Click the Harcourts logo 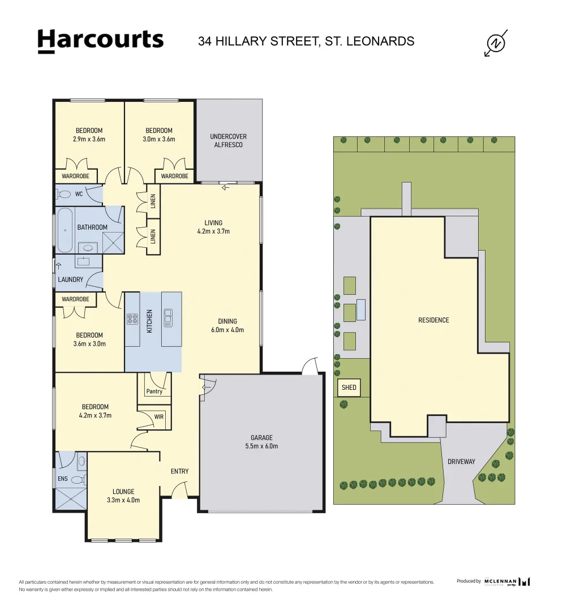coord(100,41)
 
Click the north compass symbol coord(496,44)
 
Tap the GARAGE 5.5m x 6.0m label coord(261,442)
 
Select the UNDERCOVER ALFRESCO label coord(228,140)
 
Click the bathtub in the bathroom coord(65,230)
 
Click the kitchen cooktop coord(133,319)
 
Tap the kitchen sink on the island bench coord(168,317)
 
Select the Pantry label coord(154,391)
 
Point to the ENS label coord(62,479)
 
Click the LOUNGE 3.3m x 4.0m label coord(123,496)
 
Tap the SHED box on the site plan coord(349,388)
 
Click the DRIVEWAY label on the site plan coord(461,462)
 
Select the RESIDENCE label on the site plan coord(433,320)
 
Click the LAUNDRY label coord(70,279)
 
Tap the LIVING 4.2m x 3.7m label coord(213,227)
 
